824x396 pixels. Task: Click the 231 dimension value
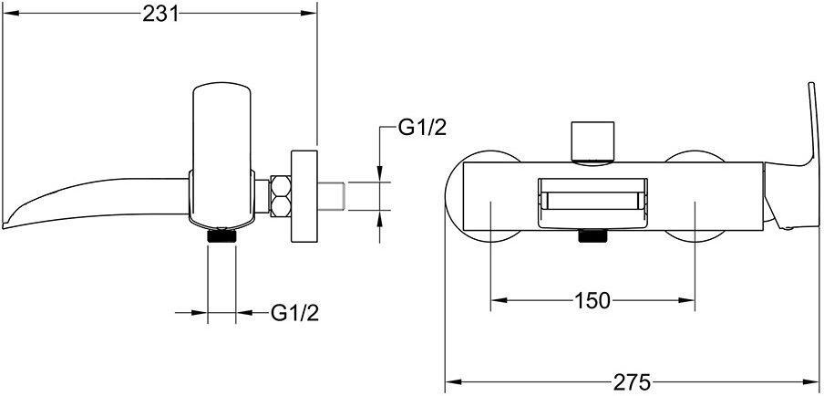[x=160, y=13]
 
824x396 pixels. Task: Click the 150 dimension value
[x=592, y=300]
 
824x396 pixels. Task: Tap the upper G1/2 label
[x=422, y=129]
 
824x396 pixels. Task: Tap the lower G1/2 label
[x=294, y=313]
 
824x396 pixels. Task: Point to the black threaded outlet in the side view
[x=222, y=235]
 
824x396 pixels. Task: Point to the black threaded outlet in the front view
[x=592, y=238]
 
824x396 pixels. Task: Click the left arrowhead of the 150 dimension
[x=496, y=300]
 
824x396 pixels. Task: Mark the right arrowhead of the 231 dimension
[x=312, y=13]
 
